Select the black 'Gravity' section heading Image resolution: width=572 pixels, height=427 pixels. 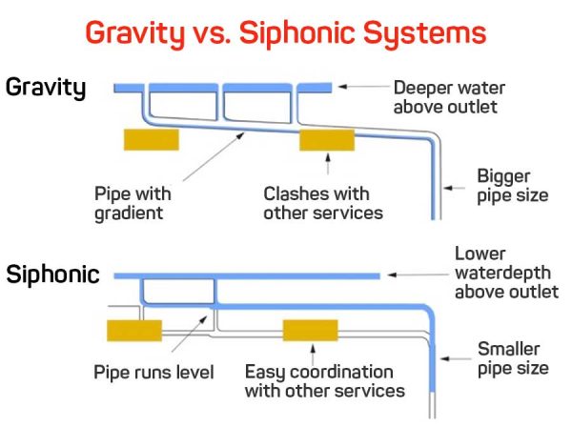(47, 88)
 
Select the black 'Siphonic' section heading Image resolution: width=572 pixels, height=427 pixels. (53, 275)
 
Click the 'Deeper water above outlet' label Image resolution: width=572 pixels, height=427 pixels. (446, 96)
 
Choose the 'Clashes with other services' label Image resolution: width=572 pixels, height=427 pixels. (322, 202)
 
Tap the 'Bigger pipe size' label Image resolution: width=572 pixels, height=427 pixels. (512, 185)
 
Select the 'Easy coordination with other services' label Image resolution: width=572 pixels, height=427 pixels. (324, 380)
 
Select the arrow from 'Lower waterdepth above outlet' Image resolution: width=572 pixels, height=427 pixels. (419, 275)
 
